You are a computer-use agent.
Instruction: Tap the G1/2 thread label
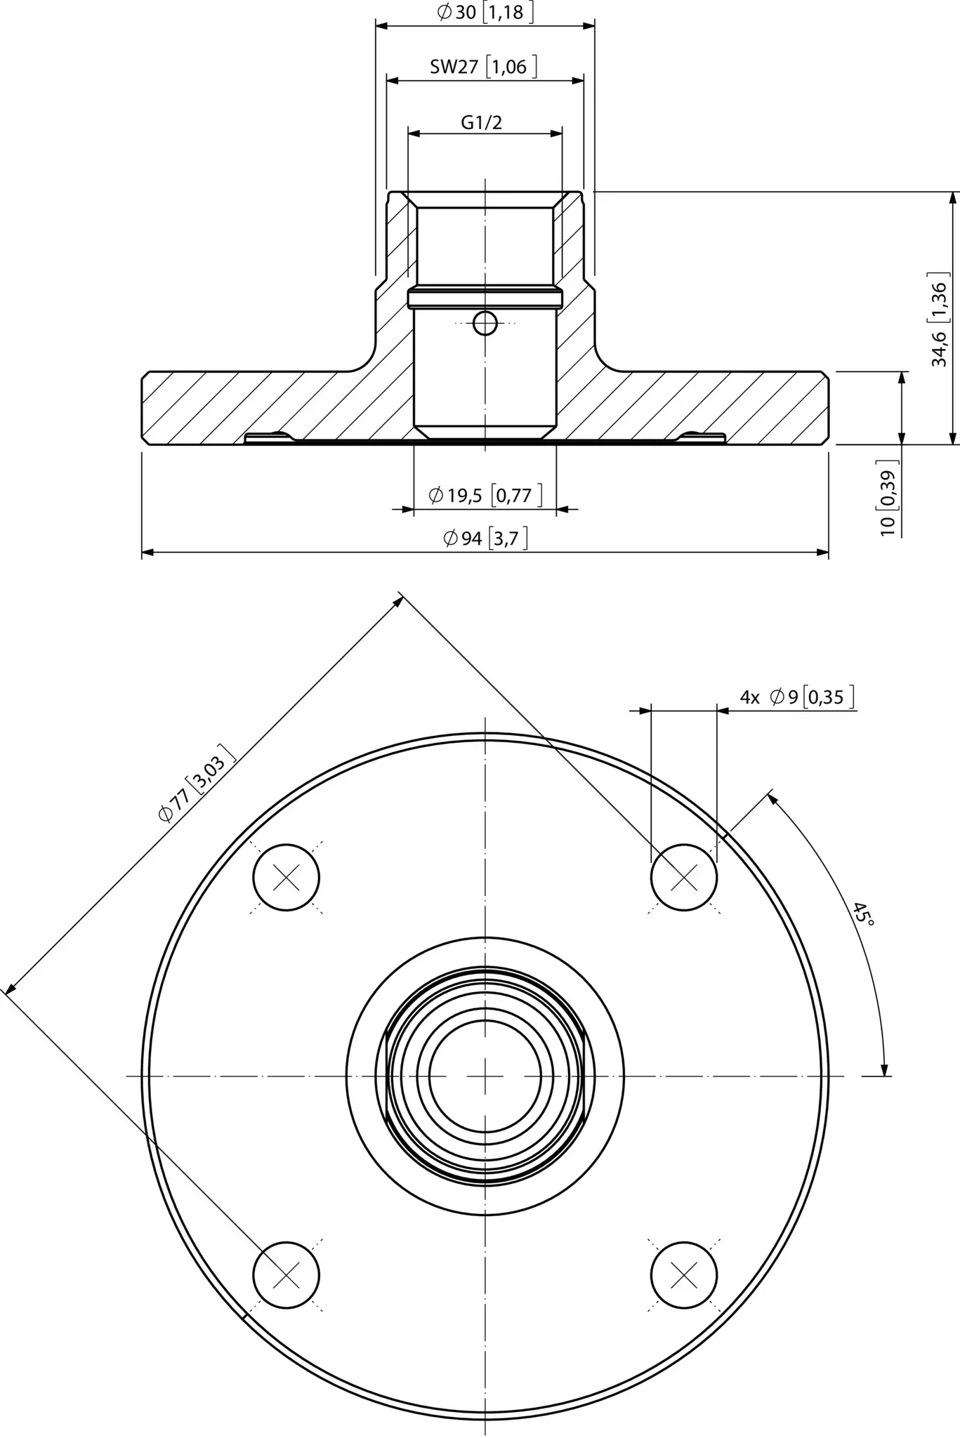[482, 122]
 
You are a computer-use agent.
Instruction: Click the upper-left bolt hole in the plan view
[286, 877]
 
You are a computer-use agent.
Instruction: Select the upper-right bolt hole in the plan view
[684, 877]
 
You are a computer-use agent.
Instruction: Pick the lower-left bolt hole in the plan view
[286, 1274]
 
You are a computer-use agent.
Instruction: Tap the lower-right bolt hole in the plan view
[684, 1274]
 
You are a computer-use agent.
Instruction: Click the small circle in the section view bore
[485, 324]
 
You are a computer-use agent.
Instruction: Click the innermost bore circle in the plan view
[485, 1076]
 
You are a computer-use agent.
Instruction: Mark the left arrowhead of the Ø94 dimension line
[148, 553]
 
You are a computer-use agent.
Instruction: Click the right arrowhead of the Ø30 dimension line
[588, 26]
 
